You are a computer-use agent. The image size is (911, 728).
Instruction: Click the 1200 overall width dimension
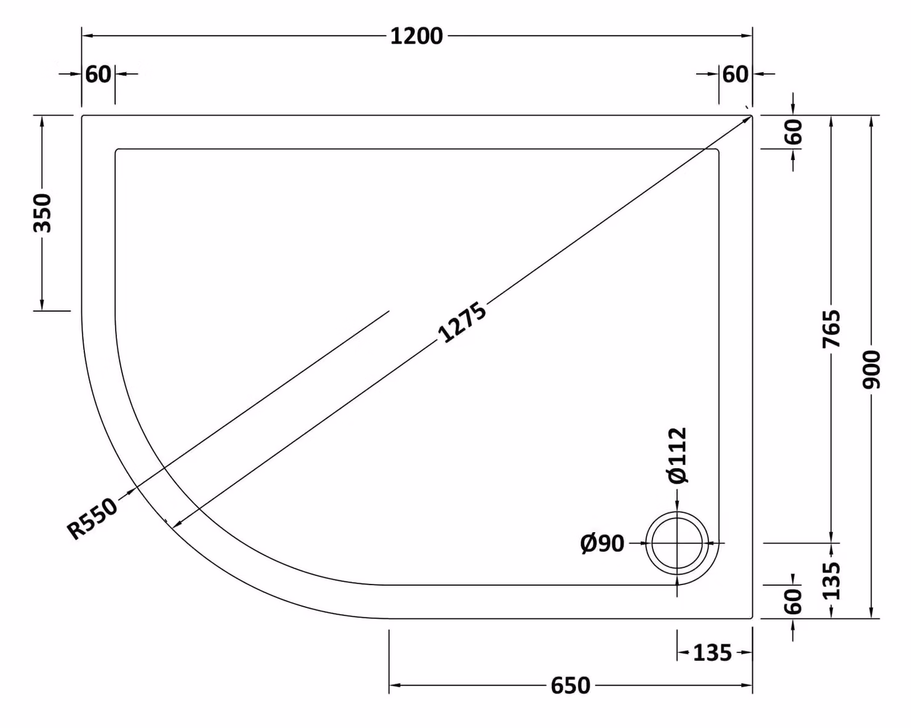(x=416, y=36)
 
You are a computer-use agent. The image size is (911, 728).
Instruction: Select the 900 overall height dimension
(x=871, y=370)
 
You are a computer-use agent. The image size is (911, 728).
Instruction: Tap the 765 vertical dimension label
(x=832, y=329)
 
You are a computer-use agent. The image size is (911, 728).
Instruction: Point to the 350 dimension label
(x=42, y=213)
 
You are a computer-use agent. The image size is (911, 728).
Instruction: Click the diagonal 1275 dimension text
(x=462, y=322)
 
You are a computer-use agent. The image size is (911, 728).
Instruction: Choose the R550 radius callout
(x=92, y=519)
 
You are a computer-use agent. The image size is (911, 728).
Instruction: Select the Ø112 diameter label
(x=677, y=456)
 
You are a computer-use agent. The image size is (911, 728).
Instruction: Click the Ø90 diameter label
(x=603, y=544)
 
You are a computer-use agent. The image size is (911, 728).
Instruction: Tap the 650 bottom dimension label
(x=570, y=686)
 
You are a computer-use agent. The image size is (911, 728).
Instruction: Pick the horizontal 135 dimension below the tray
(x=712, y=653)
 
